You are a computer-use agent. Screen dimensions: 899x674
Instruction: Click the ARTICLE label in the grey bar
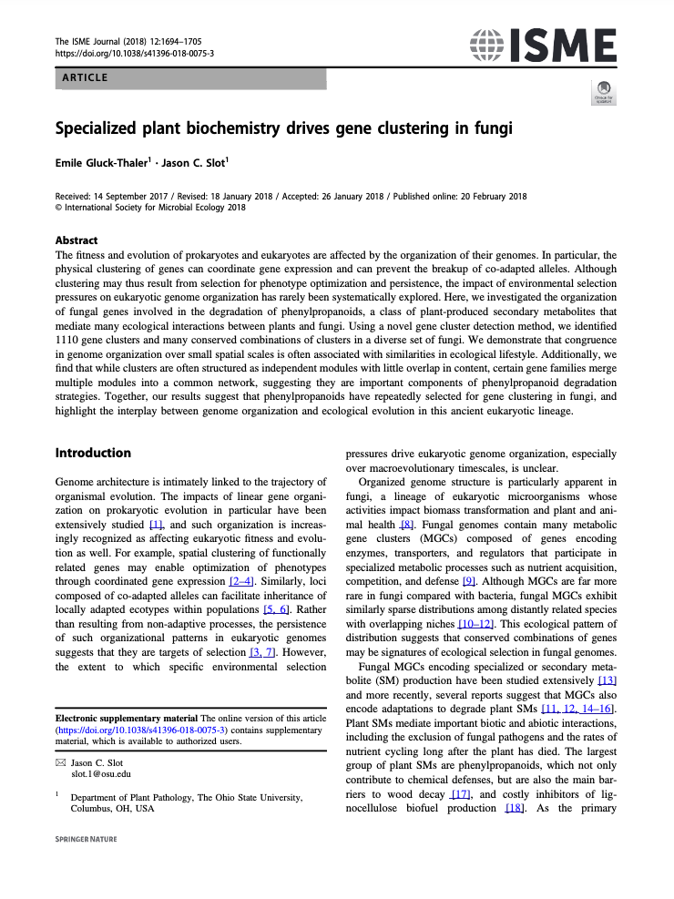[x=85, y=78]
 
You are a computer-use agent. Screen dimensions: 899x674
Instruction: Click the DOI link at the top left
[x=135, y=54]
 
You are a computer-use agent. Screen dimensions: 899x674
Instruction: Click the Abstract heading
[x=77, y=241]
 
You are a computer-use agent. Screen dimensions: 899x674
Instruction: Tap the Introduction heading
[x=93, y=454]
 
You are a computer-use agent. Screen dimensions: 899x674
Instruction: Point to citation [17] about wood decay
[x=461, y=795]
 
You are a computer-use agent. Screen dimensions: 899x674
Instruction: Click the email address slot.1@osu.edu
[x=101, y=773]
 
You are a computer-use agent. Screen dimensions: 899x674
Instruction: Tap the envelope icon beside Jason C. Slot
[x=61, y=761]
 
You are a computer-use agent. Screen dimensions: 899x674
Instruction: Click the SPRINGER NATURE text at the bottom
[x=87, y=839]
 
